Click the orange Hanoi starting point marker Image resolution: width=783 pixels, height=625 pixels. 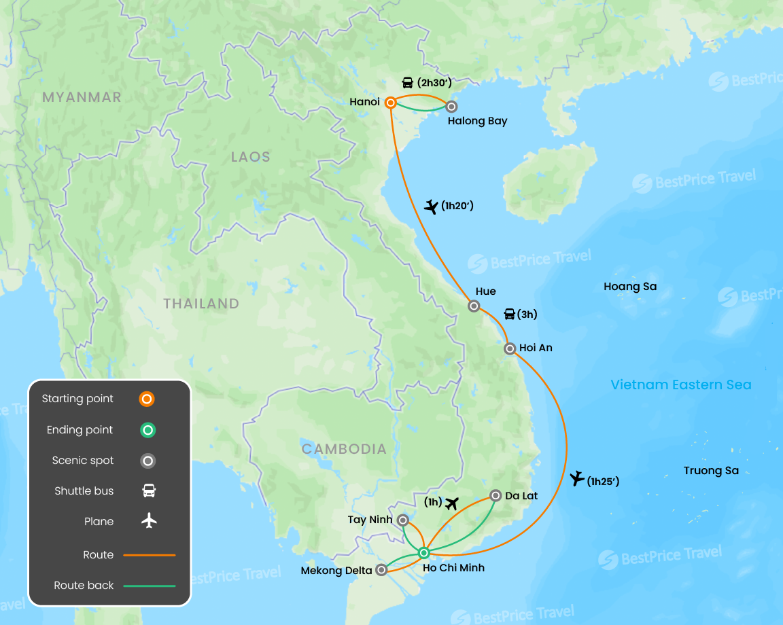(x=391, y=103)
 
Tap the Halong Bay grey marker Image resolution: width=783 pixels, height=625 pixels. (x=451, y=106)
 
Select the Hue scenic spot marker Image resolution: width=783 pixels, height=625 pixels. (x=474, y=306)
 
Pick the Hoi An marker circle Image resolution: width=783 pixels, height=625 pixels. (x=510, y=349)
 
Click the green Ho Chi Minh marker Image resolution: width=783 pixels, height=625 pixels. (x=424, y=552)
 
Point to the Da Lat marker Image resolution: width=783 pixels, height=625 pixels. (x=495, y=496)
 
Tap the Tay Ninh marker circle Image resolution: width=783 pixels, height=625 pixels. (x=403, y=520)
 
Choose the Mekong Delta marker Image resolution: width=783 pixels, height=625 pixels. (x=382, y=570)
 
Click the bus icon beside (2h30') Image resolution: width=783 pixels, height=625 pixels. (x=407, y=83)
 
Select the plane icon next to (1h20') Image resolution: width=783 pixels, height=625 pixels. (x=431, y=206)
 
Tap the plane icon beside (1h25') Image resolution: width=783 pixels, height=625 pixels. (x=577, y=479)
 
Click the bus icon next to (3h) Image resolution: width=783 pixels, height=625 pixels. (x=509, y=314)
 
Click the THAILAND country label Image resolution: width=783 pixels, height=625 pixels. (x=201, y=304)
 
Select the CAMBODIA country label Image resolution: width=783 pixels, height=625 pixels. (x=344, y=449)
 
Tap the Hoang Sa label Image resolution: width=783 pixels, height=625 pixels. (x=630, y=287)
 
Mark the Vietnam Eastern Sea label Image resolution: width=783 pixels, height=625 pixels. (x=681, y=385)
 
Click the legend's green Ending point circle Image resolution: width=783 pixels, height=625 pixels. (x=147, y=430)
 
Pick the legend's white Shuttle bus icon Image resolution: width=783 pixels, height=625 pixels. (x=149, y=490)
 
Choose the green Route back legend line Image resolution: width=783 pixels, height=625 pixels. (x=149, y=586)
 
